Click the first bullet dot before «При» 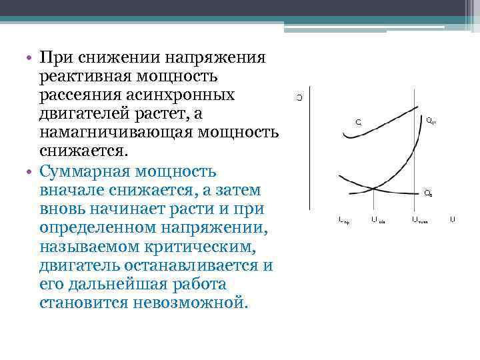click(31, 58)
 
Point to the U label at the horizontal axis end click(453, 219)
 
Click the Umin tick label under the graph click(377, 219)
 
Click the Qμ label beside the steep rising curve click(431, 121)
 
